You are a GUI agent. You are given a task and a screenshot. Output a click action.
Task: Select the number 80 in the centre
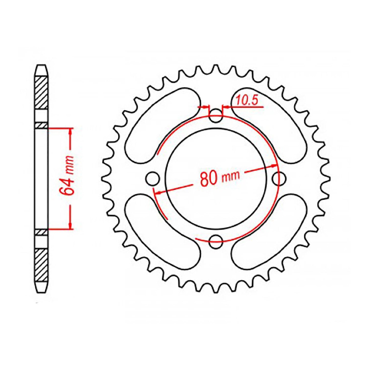click(209, 179)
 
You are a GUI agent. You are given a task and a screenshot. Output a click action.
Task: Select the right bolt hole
click(279, 179)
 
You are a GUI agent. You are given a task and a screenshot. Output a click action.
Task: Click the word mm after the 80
click(231, 176)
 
